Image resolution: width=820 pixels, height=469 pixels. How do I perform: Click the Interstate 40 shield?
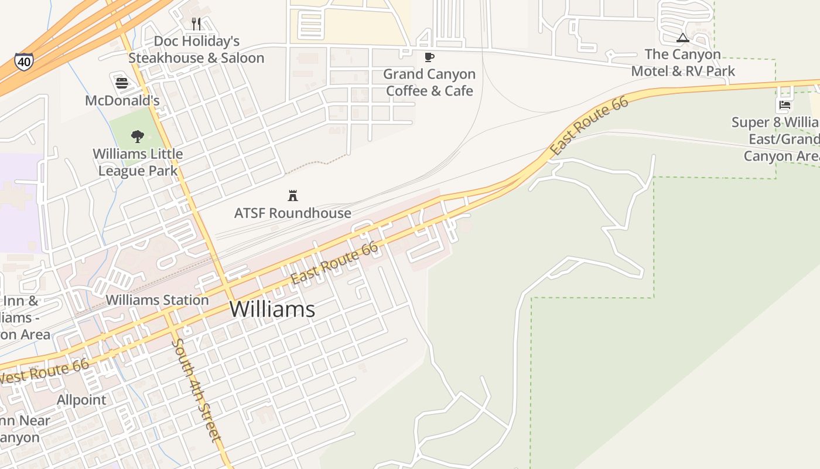tap(24, 61)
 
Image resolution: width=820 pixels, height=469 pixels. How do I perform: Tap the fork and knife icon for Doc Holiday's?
tap(196, 24)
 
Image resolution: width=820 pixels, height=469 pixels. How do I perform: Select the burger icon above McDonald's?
tap(122, 83)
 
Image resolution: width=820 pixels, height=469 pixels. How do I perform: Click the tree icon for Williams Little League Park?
tap(138, 137)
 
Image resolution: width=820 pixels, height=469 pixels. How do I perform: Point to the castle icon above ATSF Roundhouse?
tap(293, 196)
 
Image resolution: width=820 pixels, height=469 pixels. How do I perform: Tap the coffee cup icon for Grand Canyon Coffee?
tap(429, 57)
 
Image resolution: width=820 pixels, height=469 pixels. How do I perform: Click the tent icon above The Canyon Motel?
tap(682, 38)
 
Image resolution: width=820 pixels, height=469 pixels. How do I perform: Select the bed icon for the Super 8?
tap(785, 106)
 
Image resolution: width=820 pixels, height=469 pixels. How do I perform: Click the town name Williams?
tap(272, 309)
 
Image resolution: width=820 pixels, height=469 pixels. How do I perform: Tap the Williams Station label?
tap(157, 300)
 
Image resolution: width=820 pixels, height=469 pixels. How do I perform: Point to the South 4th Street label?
tap(197, 390)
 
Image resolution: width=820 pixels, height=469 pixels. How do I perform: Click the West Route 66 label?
tap(45, 371)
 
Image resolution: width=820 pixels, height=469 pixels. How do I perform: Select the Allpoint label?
tap(81, 400)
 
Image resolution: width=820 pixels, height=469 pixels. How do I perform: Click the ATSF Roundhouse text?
tap(293, 213)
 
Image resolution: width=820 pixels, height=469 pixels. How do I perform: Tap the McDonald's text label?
tap(122, 100)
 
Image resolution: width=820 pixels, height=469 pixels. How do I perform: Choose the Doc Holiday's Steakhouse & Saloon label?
tap(196, 50)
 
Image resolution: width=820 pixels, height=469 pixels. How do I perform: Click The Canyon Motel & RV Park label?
tap(682, 63)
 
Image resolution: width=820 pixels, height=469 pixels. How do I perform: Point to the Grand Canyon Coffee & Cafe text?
tap(429, 83)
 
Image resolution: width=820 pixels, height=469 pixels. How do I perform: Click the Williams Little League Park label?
tap(138, 162)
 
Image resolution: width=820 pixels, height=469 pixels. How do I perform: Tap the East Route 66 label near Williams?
tap(334, 263)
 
